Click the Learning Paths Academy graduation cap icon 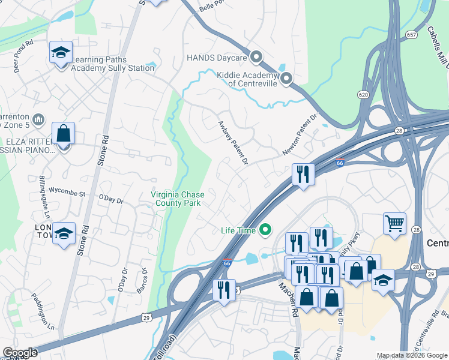click(x=61, y=53)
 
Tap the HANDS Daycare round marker click(x=257, y=58)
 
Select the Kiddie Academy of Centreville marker click(x=286, y=78)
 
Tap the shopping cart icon click(x=394, y=223)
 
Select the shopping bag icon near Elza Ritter click(x=63, y=134)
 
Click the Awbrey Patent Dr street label click(x=232, y=141)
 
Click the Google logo click(x=20, y=353)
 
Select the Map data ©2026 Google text click(x=411, y=355)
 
